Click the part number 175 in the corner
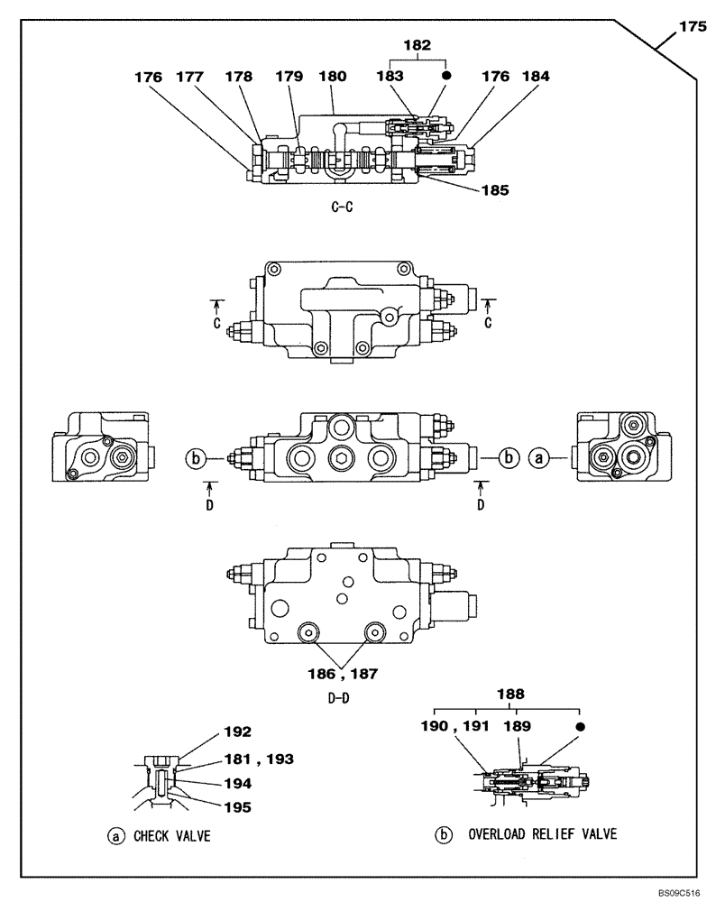[x=692, y=28]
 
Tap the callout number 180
[x=333, y=78]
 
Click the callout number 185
[x=495, y=190]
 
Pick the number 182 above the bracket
[x=417, y=43]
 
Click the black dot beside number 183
[x=446, y=78]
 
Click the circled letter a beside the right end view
[x=538, y=457]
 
